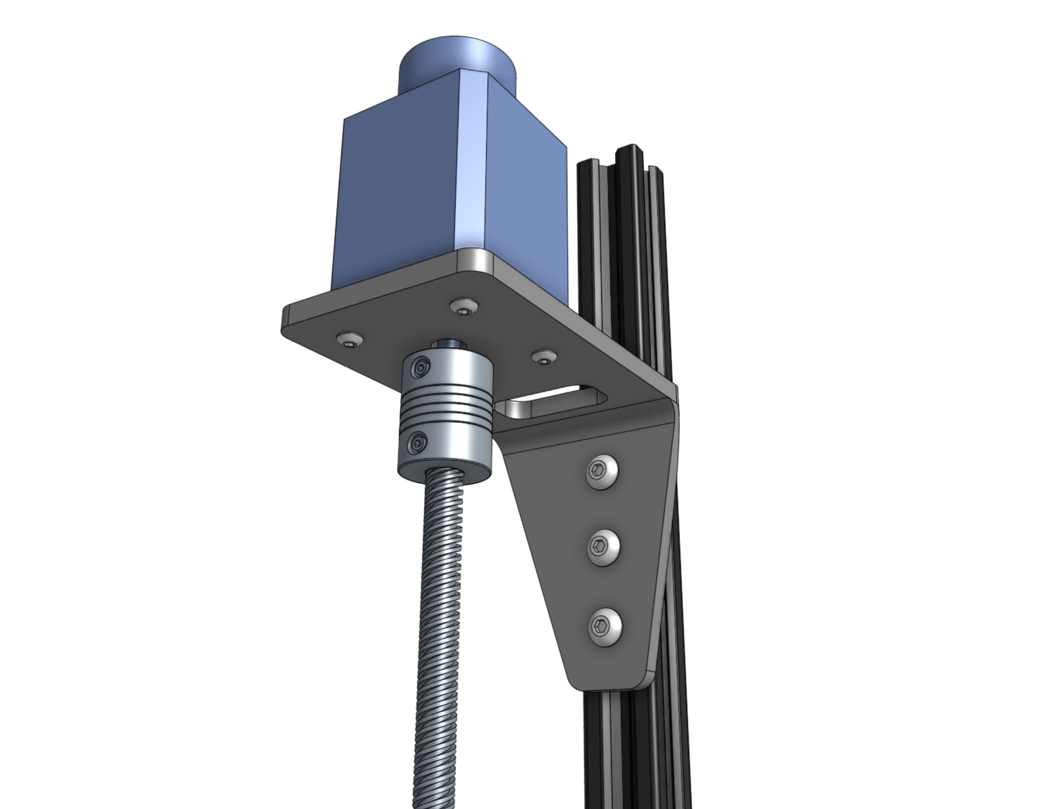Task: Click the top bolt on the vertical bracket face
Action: (602, 472)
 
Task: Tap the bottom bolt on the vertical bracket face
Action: (605, 627)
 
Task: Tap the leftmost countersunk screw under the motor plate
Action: (350, 339)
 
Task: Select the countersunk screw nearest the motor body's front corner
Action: (464, 306)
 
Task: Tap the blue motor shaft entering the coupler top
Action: (448, 344)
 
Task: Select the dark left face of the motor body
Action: (395, 193)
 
